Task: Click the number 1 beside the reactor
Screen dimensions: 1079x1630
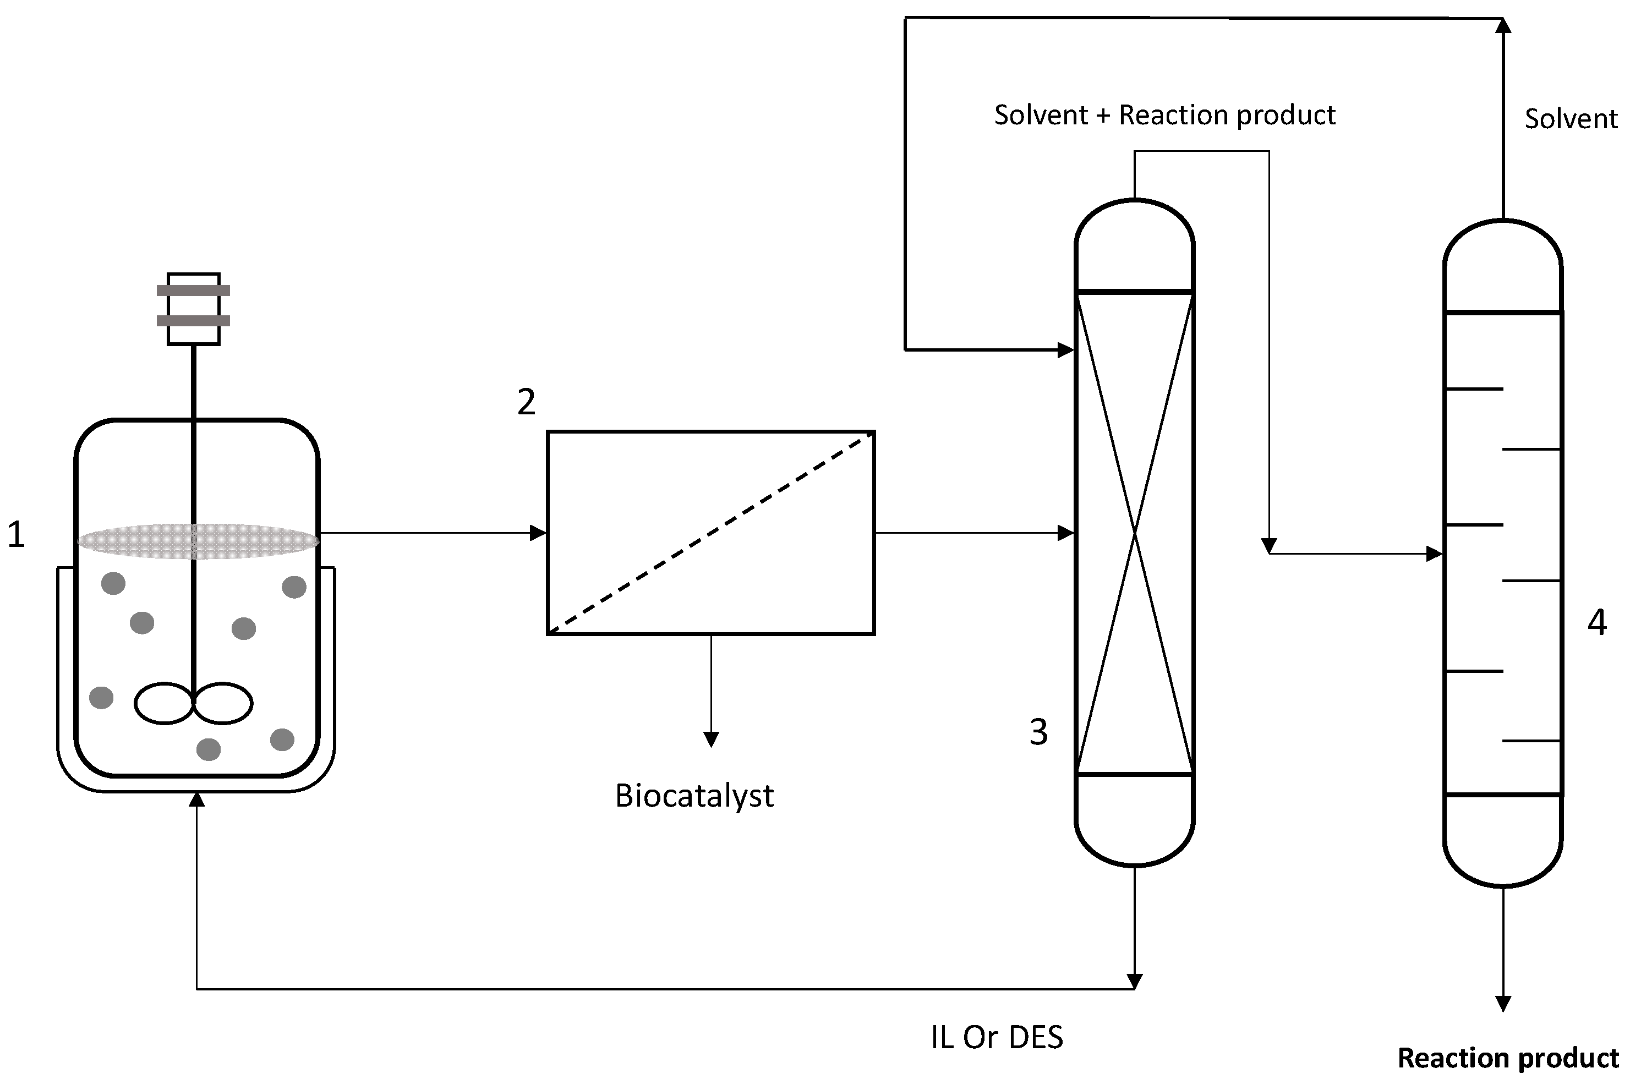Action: click(x=17, y=535)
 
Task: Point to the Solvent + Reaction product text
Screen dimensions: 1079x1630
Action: click(x=1164, y=115)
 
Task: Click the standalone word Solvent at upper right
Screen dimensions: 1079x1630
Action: click(x=1570, y=119)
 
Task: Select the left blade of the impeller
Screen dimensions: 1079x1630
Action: click(x=164, y=703)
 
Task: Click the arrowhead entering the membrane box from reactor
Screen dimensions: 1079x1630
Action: click(x=539, y=533)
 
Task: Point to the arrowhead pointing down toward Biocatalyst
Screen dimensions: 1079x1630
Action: click(x=712, y=739)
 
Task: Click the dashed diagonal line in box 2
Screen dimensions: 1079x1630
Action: click(x=711, y=533)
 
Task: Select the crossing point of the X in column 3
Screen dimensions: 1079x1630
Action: click(x=1134, y=533)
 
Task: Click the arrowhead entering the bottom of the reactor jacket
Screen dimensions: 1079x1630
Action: click(x=197, y=799)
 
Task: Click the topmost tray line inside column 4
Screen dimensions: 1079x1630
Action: click(x=1474, y=389)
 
